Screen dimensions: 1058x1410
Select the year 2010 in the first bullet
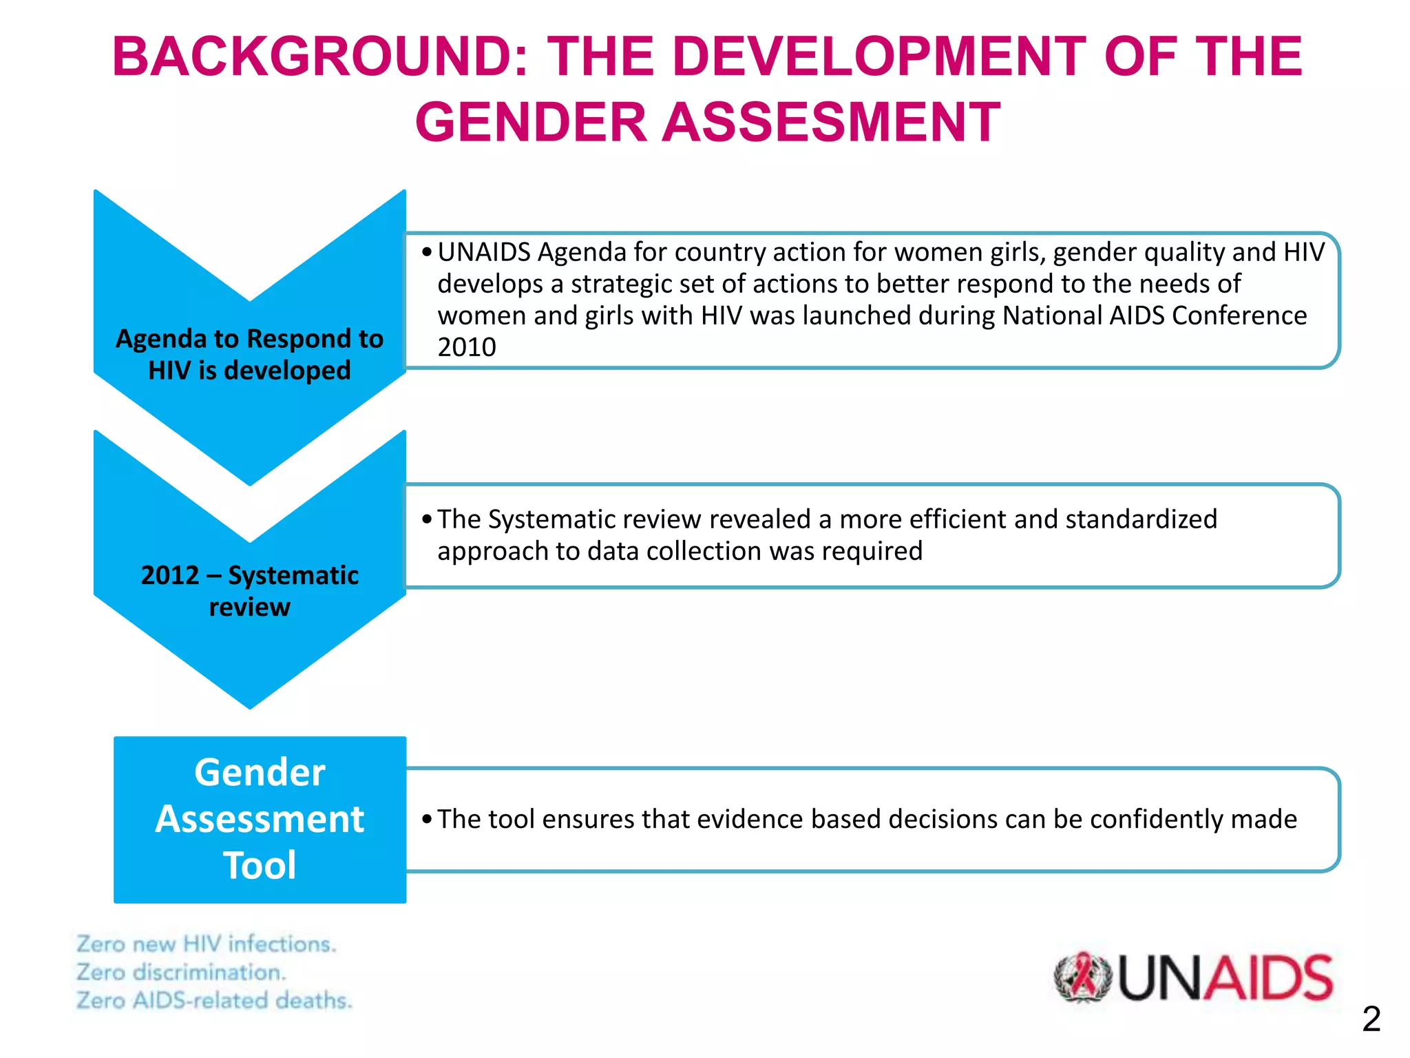467,347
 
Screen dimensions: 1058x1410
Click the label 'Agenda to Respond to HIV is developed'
249,355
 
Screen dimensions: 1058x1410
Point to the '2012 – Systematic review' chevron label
249,591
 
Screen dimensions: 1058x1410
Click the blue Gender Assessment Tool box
260,819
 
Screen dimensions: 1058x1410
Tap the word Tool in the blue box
260,866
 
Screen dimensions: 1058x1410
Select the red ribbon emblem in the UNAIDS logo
1083,977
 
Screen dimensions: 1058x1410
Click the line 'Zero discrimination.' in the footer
180,972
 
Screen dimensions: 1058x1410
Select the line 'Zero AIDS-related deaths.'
214,1000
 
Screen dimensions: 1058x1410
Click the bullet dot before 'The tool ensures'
428,820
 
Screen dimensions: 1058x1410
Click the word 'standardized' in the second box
1141,519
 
